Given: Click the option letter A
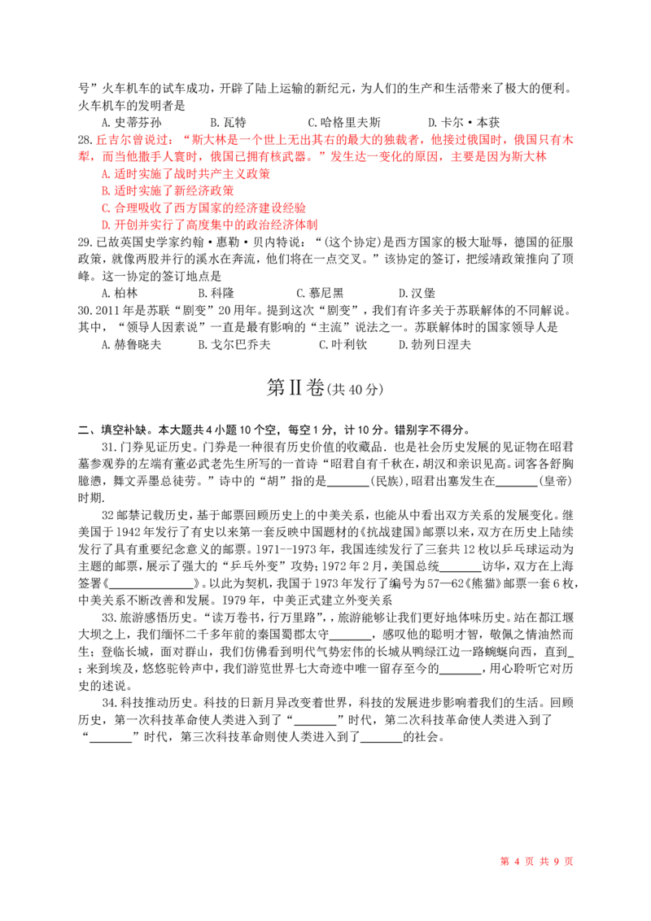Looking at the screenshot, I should [x=103, y=175].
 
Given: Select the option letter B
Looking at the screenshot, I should [x=103, y=191].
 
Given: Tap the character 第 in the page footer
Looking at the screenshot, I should [x=503, y=861].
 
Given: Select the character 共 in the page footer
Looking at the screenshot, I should [x=540, y=861].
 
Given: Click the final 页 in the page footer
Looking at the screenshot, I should [x=569, y=861].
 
